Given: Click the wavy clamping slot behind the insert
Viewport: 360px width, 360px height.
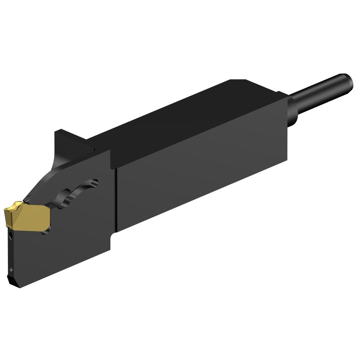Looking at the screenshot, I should pyautogui.click(x=76, y=194).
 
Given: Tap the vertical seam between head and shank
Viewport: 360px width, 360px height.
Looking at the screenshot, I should pyautogui.click(x=115, y=198).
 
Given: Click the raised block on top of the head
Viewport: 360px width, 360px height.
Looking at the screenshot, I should pyautogui.click(x=72, y=139).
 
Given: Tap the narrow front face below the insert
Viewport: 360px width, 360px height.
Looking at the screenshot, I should pyautogui.click(x=9, y=253).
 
